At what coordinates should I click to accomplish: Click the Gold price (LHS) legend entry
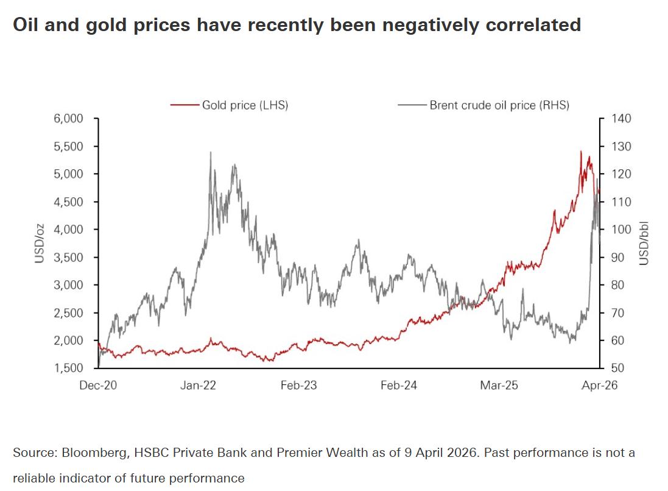pos(244,105)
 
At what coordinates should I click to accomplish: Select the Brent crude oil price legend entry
pos(499,105)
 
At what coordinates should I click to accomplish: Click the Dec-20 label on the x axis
pos(98,386)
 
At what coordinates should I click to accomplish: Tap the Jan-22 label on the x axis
pos(199,386)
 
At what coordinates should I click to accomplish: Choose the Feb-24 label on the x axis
pos(399,386)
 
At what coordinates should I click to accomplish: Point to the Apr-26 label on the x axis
pos(599,386)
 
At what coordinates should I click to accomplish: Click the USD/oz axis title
pos(40,243)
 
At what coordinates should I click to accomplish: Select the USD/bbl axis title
pos(644,244)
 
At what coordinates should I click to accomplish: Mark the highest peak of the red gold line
pos(580,151)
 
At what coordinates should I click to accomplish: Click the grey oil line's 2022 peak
pos(210,152)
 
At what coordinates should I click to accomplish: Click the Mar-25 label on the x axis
pos(499,386)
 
